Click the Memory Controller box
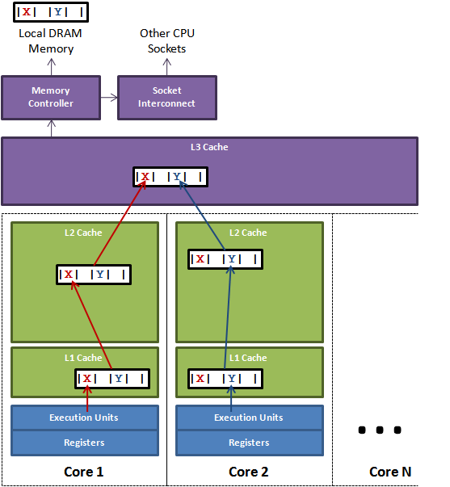tap(50, 97)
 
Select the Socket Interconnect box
tap(166, 97)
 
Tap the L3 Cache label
tap(209, 148)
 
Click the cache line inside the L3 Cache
tap(170, 177)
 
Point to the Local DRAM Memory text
tap(51, 41)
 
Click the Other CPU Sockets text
tap(167, 41)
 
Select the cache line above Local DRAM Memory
tap(51, 12)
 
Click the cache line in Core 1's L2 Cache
tap(94, 275)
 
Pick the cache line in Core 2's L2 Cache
tap(225, 259)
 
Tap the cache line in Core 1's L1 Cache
tap(112, 378)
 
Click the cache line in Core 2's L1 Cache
tap(225, 378)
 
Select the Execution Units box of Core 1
tap(83, 418)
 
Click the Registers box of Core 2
tap(249, 443)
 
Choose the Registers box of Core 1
tap(83, 443)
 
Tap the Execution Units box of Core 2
tap(249, 418)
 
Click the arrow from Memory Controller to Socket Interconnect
tap(108, 97)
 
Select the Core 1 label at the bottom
tap(83, 472)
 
